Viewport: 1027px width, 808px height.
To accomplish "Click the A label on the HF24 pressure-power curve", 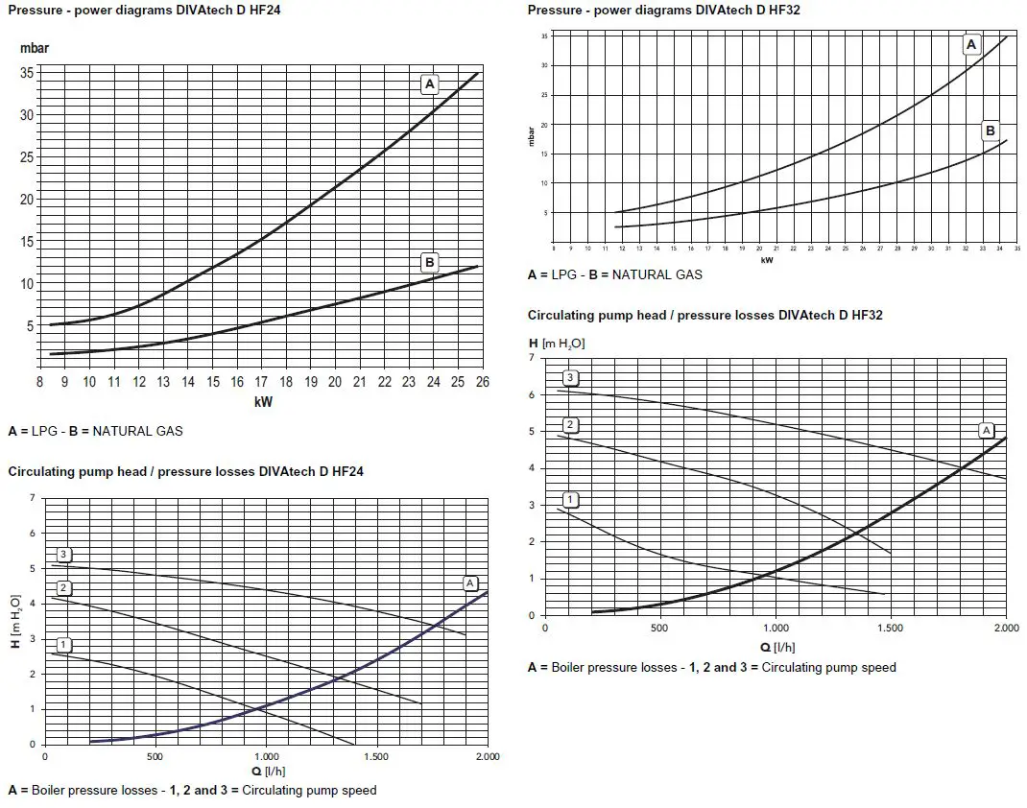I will click(x=429, y=84).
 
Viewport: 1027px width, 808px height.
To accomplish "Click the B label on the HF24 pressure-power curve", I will click(x=429, y=261).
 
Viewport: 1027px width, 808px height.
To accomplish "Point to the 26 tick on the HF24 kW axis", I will click(x=480, y=382).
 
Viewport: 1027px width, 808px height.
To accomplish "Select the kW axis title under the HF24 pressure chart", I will click(x=263, y=402).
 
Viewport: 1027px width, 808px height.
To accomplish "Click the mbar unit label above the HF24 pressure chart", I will click(x=35, y=47).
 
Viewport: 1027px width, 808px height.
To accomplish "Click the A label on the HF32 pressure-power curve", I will click(x=970, y=45).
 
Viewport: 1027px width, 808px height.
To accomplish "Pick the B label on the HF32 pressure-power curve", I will click(x=991, y=131).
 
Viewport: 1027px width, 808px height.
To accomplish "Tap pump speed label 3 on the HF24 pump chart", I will click(x=63, y=554).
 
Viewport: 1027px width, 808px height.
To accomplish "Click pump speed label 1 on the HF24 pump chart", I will click(x=63, y=643).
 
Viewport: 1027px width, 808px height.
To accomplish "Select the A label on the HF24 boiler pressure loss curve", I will click(x=470, y=582).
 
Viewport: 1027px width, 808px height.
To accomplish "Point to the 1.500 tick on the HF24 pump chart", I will click(x=377, y=756).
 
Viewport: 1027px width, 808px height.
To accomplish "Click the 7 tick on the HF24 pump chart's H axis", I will click(x=32, y=498).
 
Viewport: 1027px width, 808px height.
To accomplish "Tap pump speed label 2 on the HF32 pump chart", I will click(x=570, y=425).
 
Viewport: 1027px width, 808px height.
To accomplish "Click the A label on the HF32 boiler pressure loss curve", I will click(x=986, y=430).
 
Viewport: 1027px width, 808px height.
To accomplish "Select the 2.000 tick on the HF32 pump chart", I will click(x=1005, y=628).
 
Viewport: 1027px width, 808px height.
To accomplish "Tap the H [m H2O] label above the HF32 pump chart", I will click(x=557, y=343).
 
